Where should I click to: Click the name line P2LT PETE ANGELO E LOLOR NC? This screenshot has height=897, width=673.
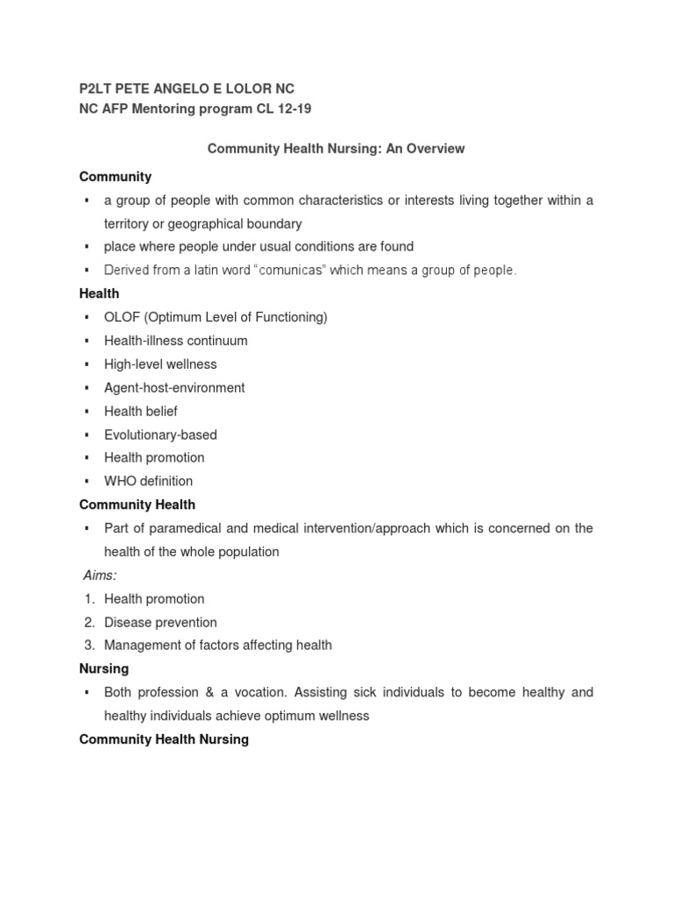pyautogui.click(x=187, y=88)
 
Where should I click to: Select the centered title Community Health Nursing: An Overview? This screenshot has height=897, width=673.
pyautogui.click(x=336, y=149)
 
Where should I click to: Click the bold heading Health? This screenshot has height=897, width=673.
pyautogui.click(x=99, y=293)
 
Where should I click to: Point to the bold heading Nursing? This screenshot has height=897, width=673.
pyautogui.click(x=103, y=668)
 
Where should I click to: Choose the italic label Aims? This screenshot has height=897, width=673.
pyautogui.click(x=101, y=576)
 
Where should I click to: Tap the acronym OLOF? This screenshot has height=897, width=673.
pyautogui.click(x=121, y=317)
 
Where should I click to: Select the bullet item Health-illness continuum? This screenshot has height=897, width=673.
pyautogui.click(x=175, y=341)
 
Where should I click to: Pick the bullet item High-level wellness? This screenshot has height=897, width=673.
pyautogui.click(x=160, y=364)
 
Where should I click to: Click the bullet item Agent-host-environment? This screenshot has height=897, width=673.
pyautogui.click(x=174, y=387)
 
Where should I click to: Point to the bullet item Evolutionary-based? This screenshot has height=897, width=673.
pyautogui.click(x=160, y=434)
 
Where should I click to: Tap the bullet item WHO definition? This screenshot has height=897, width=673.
pyautogui.click(x=148, y=481)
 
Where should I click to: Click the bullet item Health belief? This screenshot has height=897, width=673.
pyautogui.click(x=141, y=411)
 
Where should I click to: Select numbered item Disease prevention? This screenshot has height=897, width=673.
pyautogui.click(x=160, y=622)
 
